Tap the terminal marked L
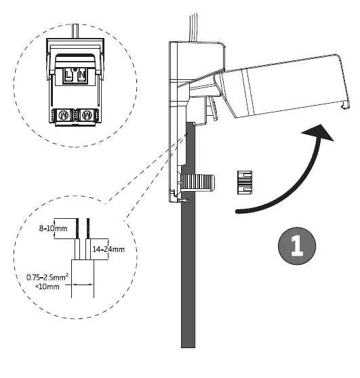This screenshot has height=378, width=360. [68, 77]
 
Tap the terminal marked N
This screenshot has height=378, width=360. [83, 77]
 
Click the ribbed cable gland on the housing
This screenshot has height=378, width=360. [198, 182]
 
